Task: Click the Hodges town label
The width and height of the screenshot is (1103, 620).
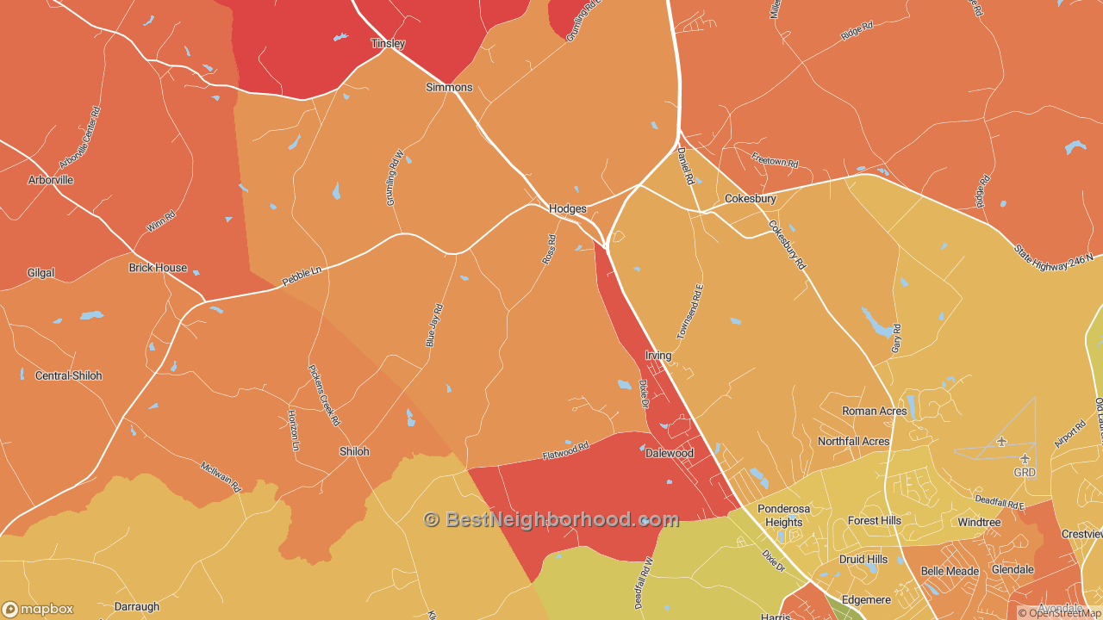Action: pos(567,209)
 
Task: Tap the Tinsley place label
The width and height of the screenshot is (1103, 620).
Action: pos(388,43)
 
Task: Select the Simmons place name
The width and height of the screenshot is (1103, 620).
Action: pos(449,88)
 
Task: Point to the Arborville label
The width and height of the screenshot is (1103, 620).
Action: pos(51,180)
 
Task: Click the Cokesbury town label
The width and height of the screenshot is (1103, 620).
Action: pos(750,199)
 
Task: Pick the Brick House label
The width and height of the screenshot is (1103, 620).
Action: pos(158,268)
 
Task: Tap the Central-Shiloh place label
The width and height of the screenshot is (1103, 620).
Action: pos(68,376)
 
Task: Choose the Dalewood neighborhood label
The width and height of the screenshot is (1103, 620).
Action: pos(670,453)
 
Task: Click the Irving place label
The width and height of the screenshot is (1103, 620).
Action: pos(657,356)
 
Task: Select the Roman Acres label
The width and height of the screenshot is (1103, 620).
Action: pos(874,412)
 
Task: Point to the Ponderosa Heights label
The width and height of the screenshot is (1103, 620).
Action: pos(783,515)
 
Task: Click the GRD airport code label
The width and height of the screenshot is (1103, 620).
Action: pos(1025,473)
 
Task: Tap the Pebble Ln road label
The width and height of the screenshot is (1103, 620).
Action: pos(302,276)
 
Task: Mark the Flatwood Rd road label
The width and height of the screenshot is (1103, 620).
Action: pos(565,449)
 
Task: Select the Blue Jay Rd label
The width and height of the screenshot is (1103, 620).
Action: pos(434,325)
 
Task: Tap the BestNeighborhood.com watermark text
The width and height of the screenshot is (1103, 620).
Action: pos(551,519)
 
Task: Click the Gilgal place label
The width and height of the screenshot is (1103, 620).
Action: pos(41,273)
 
